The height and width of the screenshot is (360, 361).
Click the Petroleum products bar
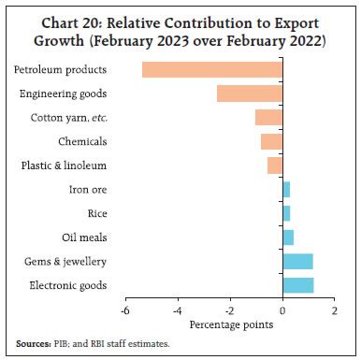(x=212, y=69)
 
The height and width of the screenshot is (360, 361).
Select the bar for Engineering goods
(x=250, y=94)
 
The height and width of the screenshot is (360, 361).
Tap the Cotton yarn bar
(x=268, y=117)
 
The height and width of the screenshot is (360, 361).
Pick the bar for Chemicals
(x=271, y=141)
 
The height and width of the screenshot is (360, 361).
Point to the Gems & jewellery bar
(x=297, y=261)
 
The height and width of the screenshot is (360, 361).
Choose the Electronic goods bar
(x=298, y=285)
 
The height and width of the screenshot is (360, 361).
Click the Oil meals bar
(x=288, y=237)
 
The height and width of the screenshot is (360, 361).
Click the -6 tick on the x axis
(x=124, y=310)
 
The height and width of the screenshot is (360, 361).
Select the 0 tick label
(x=282, y=310)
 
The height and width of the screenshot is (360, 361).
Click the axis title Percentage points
(x=230, y=324)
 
